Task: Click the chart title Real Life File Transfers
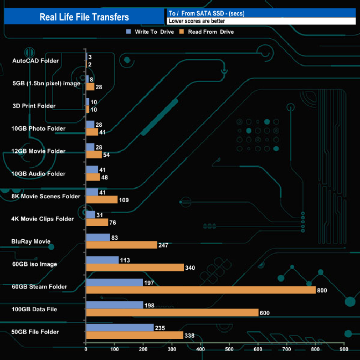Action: click(x=84, y=17)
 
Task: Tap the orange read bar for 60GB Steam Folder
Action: click(x=200, y=290)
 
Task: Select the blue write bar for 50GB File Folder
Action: click(x=120, y=327)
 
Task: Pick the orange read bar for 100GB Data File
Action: click(x=172, y=312)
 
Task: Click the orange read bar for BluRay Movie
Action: click(x=121, y=245)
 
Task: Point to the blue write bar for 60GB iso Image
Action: click(x=102, y=260)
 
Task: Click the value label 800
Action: click(x=323, y=290)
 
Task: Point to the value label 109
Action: click(x=125, y=200)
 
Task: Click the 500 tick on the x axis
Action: click(x=229, y=350)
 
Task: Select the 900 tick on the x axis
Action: click(x=344, y=350)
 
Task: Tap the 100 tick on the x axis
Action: click(x=115, y=350)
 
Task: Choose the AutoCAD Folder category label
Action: click(x=35, y=61)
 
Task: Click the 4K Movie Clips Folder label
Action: click(x=43, y=219)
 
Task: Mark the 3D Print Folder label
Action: click(x=34, y=106)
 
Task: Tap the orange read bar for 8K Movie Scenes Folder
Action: click(x=102, y=200)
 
